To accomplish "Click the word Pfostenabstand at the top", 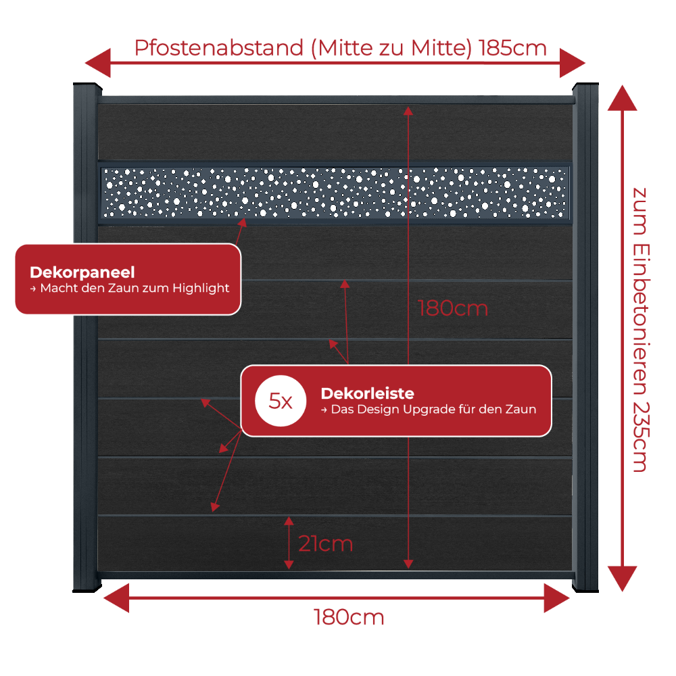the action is coord(219,48).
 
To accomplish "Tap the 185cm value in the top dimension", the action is coord(512,48).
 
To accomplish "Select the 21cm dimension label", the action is coord(326,544).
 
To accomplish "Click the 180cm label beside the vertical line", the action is coord(453,308).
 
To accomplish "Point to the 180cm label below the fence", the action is coord(349,617).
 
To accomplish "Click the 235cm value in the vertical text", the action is coord(641,437).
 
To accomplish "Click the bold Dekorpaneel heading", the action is coord(82,272).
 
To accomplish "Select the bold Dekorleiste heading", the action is coord(367,393).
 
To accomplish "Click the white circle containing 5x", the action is coord(281,401).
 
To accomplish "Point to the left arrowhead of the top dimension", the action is coord(98,63).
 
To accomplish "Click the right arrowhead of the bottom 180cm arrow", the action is coord(556,598).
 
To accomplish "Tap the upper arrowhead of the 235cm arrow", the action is coord(622,98).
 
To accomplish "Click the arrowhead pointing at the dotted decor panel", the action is coord(242,222).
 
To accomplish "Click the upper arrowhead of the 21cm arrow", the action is coord(289,521).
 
